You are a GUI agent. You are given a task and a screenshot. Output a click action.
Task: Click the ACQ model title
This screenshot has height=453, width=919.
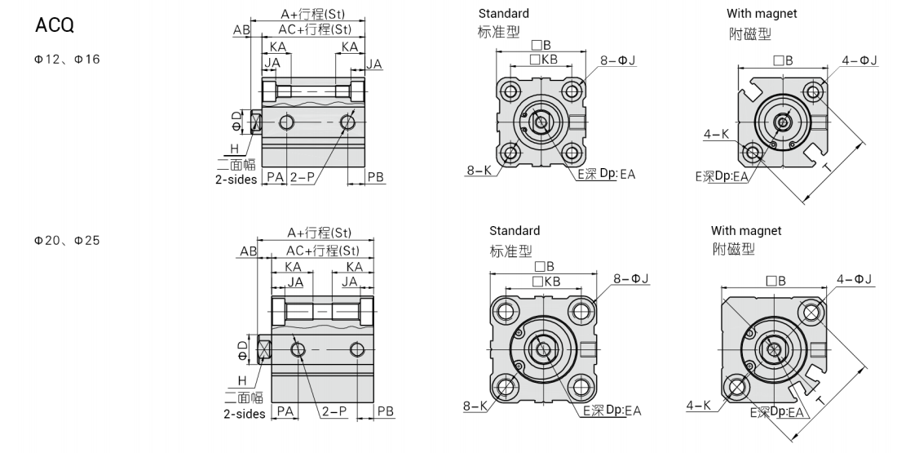coord(55,26)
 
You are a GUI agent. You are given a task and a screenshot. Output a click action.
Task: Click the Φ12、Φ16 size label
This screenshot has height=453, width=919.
coord(67,60)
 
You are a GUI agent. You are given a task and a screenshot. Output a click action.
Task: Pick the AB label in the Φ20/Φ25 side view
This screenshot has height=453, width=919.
coord(248,252)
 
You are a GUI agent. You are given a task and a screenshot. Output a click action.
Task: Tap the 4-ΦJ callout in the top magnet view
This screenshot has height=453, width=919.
coord(859,60)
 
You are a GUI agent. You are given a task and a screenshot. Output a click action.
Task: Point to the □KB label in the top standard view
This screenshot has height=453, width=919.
coord(544,60)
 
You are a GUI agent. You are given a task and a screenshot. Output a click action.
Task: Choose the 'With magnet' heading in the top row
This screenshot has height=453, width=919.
coord(762,13)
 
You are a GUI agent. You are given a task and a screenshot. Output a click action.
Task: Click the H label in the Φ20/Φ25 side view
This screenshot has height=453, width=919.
coord(241,380)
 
